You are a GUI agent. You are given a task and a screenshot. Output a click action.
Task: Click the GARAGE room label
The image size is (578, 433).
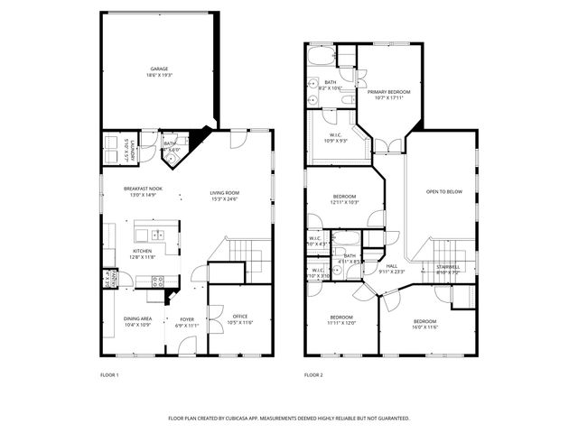click(x=159, y=69)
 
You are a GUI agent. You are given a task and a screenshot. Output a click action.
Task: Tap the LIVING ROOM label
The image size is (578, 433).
click(x=224, y=192)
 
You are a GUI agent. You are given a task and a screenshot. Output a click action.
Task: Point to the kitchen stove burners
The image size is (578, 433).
click(x=154, y=281)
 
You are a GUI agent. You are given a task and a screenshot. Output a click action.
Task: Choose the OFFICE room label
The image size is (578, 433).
click(x=240, y=316)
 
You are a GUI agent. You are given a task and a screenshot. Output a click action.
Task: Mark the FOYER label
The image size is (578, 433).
click(x=187, y=318)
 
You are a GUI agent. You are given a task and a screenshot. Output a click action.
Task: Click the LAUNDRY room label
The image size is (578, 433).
click(x=133, y=148)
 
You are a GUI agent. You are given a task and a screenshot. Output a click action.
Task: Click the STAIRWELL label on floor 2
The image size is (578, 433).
click(x=448, y=266)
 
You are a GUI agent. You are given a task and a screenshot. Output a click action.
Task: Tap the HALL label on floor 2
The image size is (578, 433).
click(x=392, y=266)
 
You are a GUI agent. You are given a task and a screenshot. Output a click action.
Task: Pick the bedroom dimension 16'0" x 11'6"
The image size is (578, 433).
click(x=424, y=327)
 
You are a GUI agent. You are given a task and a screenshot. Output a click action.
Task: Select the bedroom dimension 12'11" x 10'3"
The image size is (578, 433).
click(x=345, y=202)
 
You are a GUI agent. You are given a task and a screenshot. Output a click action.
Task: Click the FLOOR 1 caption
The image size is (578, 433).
click(x=109, y=374)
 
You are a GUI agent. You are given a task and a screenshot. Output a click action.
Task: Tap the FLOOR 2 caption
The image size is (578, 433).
click(x=312, y=374)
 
